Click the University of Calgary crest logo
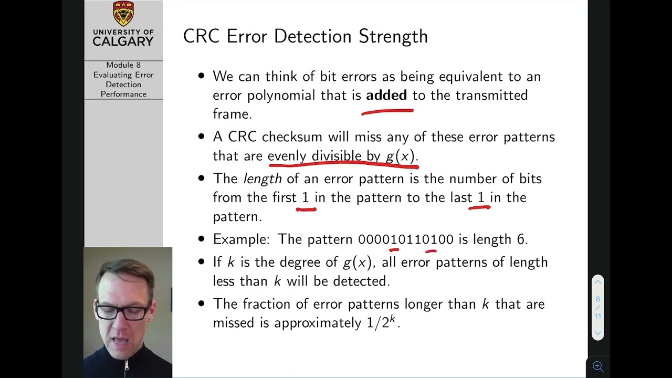[123, 14]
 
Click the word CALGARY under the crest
[123, 41]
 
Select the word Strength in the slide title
[393, 36]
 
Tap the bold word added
[386, 95]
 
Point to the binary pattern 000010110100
[405, 239]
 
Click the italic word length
[262, 179]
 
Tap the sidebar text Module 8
[123, 65]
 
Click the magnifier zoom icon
[597, 366]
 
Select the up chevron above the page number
[597, 282]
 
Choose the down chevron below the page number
[597, 333]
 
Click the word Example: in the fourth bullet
[241, 239]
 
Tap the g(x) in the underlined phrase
[400, 156]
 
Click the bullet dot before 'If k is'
[201, 262]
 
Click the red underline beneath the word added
[387, 111]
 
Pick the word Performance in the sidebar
[123, 94]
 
